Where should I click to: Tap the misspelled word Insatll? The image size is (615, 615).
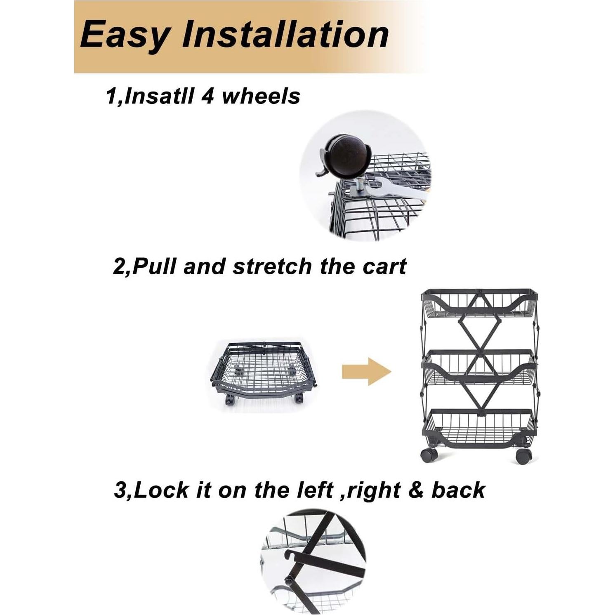pyautogui.click(x=158, y=97)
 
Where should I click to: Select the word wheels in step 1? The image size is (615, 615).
pyautogui.click(x=261, y=97)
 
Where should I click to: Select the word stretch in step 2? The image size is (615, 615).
pyautogui.click(x=273, y=266)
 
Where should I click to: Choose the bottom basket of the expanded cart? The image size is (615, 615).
pyautogui.click(x=479, y=427)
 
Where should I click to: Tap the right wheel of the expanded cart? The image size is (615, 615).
pyautogui.click(x=523, y=455)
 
